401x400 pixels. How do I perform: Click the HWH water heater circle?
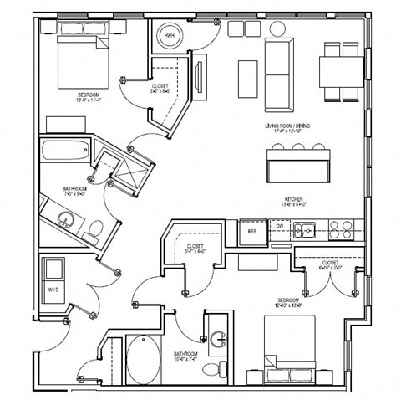point(170,35)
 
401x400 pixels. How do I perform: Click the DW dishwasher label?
point(280,226)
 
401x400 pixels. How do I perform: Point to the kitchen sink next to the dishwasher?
point(307,228)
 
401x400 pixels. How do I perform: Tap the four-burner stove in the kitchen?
point(342,228)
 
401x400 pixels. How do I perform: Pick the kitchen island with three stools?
point(297,165)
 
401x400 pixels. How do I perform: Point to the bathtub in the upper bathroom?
point(64,152)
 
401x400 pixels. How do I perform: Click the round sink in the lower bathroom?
point(219,340)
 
